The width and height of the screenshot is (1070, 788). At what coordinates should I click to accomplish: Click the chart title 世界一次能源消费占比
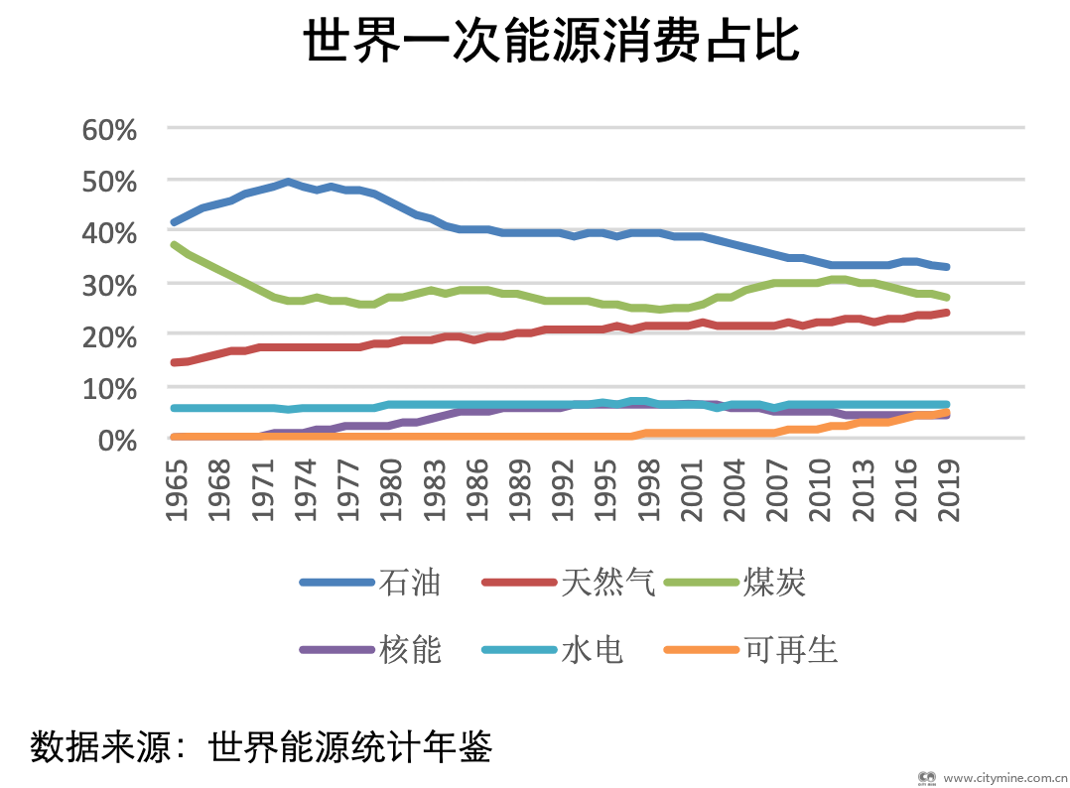click(551, 42)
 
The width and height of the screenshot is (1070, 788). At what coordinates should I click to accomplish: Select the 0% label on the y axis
click(117, 439)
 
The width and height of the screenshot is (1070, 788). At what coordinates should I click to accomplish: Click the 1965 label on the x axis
click(176, 492)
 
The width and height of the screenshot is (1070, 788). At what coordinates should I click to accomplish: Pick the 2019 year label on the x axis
click(948, 492)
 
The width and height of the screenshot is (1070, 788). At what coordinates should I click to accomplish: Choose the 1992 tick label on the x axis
click(562, 492)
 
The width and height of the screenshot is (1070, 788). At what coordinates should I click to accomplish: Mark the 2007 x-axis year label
click(776, 492)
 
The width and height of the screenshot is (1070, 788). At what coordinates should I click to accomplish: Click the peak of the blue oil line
click(288, 182)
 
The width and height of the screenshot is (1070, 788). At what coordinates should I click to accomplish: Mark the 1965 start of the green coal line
click(175, 244)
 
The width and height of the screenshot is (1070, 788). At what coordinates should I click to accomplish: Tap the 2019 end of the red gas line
click(946, 313)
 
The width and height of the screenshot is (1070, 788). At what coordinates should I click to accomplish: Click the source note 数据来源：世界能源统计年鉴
click(261, 745)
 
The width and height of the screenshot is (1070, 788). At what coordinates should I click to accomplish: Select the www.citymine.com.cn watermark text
click(1003, 778)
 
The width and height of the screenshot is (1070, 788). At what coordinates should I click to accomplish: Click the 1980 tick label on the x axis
click(390, 492)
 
